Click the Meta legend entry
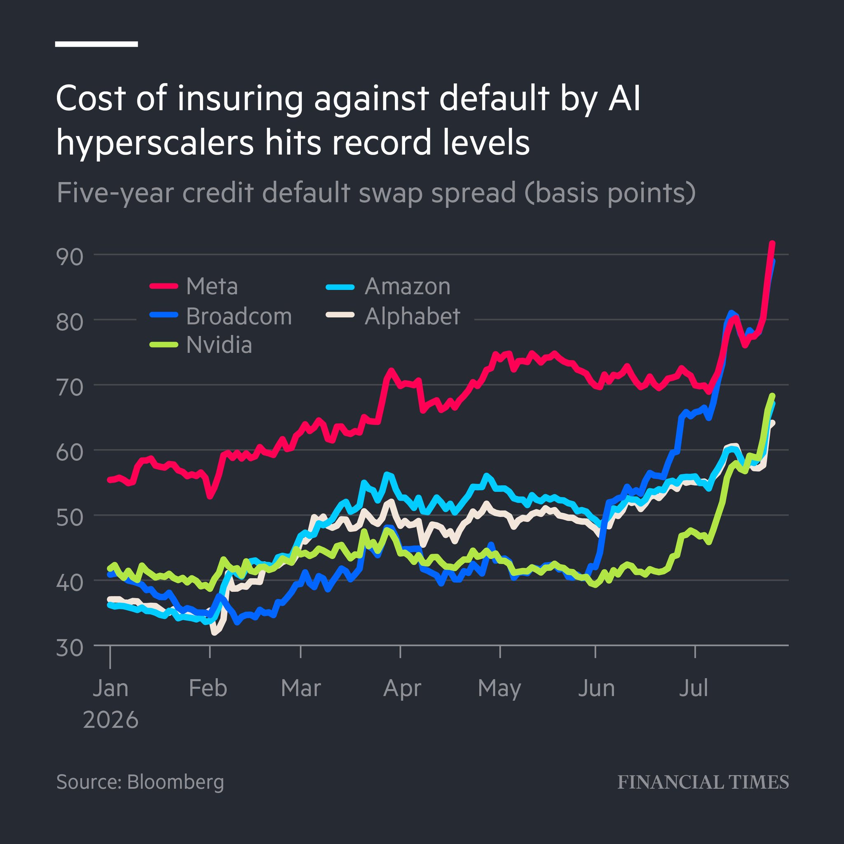click(x=194, y=286)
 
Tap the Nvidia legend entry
click(x=201, y=345)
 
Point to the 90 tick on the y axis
click(x=69, y=257)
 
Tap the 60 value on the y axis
click(x=69, y=452)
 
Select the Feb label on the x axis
click(x=208, y=689)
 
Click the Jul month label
click(x=693, y=689)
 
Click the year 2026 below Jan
click(x=110, y=720)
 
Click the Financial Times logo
click(x=703, y=782)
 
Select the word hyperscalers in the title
click(x=155, y=143)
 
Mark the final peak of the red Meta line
click(x=772, y=243)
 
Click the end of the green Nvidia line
click(x=772, y=395)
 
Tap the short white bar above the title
click(x=96, y=44)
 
